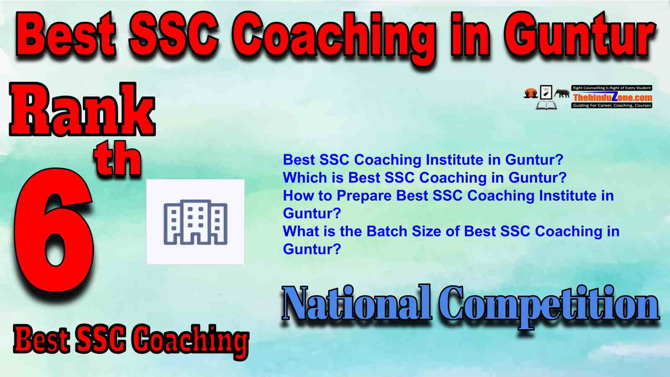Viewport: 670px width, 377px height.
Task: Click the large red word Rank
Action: [x=82, y=109]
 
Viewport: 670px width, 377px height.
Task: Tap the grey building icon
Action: [x=195, y=222]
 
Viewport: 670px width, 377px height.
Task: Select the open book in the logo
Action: [x=546, y=105]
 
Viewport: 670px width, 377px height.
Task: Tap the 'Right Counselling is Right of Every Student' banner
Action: [x=612, y=88]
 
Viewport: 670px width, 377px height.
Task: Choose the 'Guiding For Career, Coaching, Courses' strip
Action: [x=612, y=105]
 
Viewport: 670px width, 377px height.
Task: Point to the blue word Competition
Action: [x=549, y=307]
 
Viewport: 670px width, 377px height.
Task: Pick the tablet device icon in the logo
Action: [x=546, y=92]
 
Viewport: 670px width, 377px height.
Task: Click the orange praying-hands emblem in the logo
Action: [x=531, y=93]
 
